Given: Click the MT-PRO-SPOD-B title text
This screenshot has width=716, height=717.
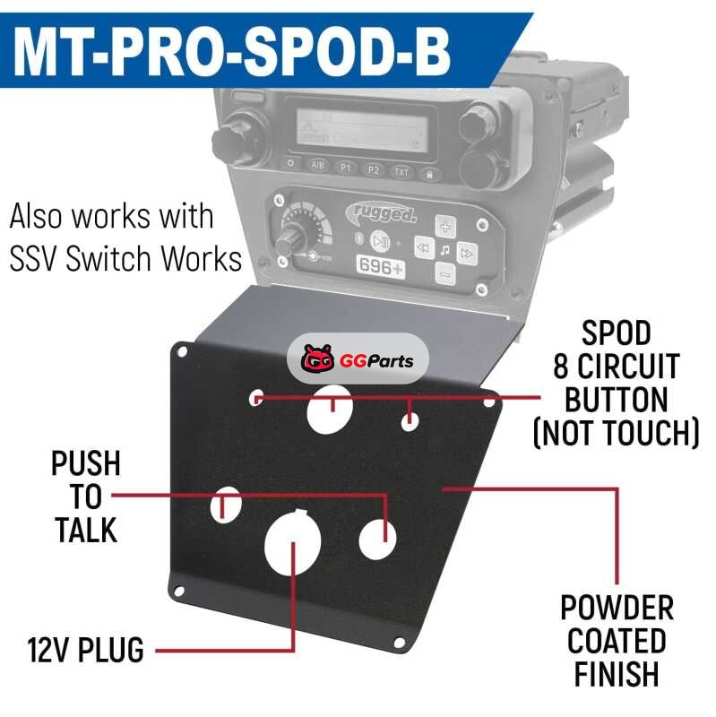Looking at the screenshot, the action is click(x=232, y=51).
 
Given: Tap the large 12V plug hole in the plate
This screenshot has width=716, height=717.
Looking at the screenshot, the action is click(x=293, y=542).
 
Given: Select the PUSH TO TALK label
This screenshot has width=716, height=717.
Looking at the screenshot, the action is click(x=86, y=497).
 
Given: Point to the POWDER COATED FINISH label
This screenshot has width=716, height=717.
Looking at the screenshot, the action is click(x=617, y=640).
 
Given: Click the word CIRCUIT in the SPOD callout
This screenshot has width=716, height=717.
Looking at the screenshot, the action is click(x=617, y=367).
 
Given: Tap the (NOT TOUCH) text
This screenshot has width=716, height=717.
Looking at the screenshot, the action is click(x=617, y=432).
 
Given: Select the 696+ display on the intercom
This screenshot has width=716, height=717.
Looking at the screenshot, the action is click(x=381, y=266).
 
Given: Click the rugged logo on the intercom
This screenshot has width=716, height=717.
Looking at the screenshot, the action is click(x=381, y=212).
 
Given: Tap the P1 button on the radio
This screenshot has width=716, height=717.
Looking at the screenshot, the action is click(x=346, y=168).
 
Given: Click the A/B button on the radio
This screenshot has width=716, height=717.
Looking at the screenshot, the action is click(x=317, y=165).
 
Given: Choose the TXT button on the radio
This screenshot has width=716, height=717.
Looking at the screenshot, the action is click(x=401, y=172).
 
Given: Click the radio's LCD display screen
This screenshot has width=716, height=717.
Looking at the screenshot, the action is click(x=362, y=128).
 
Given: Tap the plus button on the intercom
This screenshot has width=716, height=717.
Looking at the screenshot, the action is click(x=445, y=226).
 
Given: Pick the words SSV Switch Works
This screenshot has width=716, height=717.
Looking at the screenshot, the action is click(x=125, y=258).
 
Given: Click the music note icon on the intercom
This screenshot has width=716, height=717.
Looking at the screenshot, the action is click(x=445, y=250).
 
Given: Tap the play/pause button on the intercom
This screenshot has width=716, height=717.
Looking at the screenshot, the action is click(x=379, y=240).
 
